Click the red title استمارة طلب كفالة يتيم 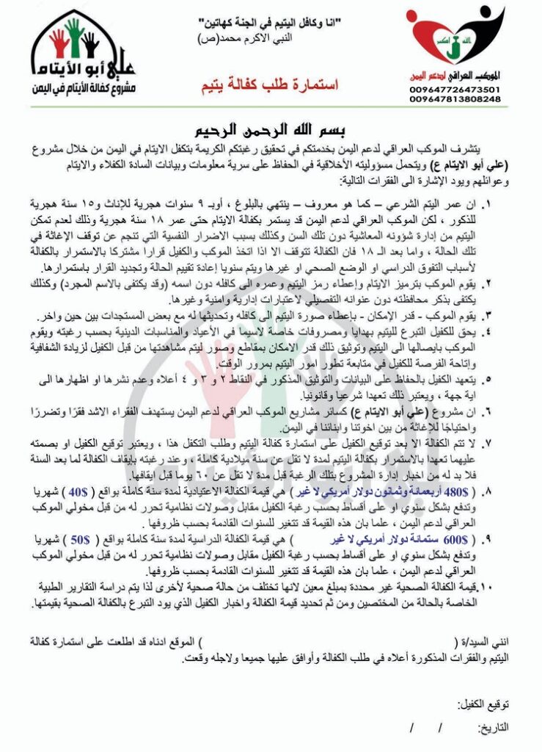(269, 86)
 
